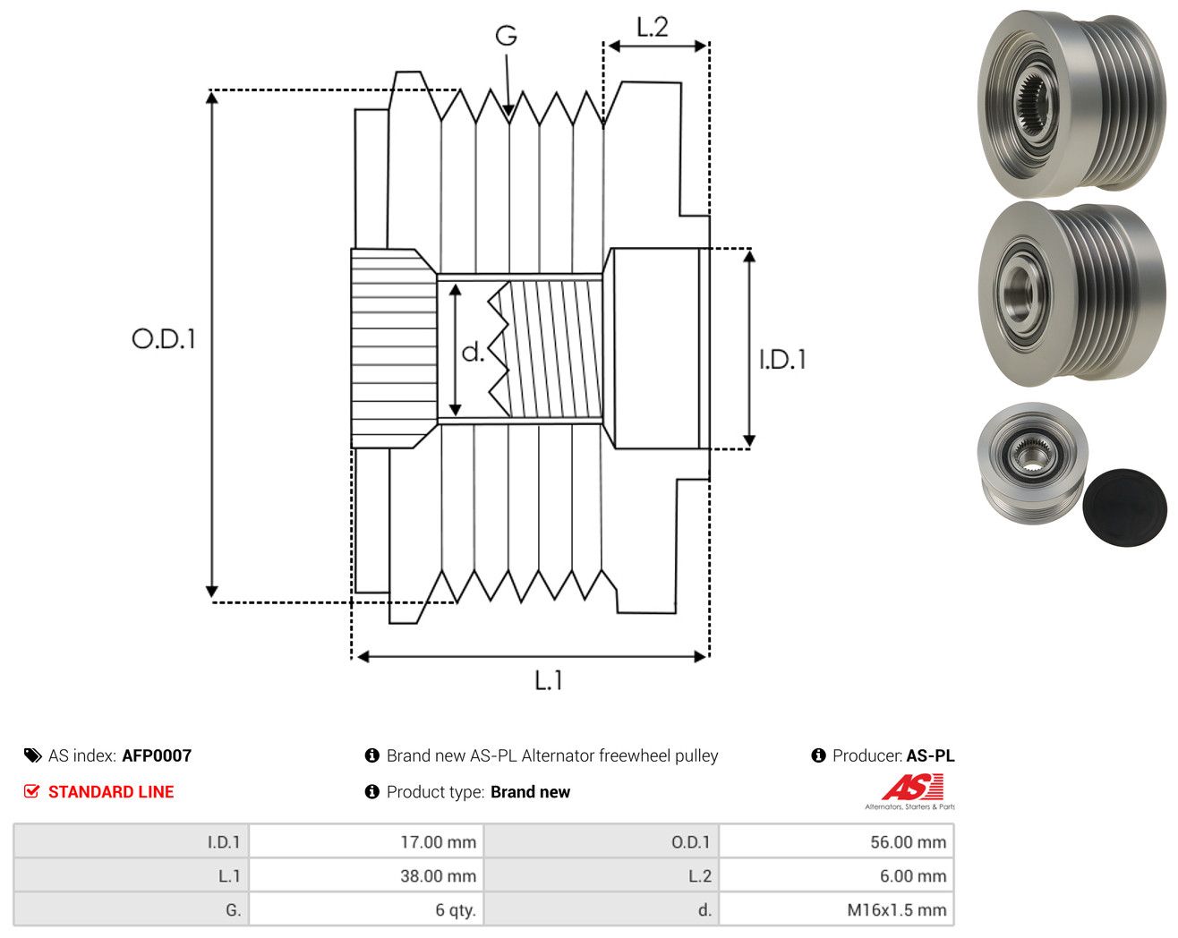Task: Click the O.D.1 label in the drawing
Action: pyautogui.click(x=163, y=338)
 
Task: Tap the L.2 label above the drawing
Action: pyautogui.click(x=652, y=27)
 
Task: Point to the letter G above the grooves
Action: pyautogui.click(x=506, y=36)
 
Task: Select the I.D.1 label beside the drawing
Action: pyautogui.click(x=782, y=360)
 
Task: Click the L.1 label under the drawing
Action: pyautogui.click(x=549, y=680)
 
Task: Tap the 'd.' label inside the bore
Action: pyautogui.click(x=473, y=352)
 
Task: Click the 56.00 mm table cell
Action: pyautogui.click(x=836, y=841)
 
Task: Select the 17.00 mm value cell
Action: pyautogui.click(x=366, y=841)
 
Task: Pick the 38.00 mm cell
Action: pyautogui.click(x=366, y=875)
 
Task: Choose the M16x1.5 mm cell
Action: pyautogui.click(x=836, y=909)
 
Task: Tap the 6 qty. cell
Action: pyautogui.click(x=366, y=909)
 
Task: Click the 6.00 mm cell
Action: pyautogui.click(x=836, y=875)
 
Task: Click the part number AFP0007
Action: pyautogui.click(x=157, y=755)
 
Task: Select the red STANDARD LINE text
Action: pyautogui.click(x=111, y=792)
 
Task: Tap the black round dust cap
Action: pyautogui.click(x=1124, y=507)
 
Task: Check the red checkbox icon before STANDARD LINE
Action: pyautogui.click(x=31, y=791)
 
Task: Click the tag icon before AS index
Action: pyautogui.click(x=33, y=755)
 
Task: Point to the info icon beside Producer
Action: pyautogui.click(x=818, y=755)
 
